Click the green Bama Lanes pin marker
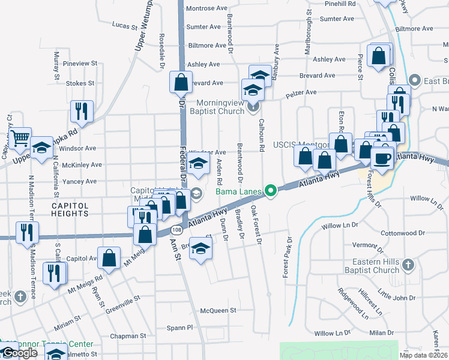tap(271, 192)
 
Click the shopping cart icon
tap(20, 138)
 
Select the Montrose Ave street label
tap(207, 8)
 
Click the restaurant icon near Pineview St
tap(81, 111)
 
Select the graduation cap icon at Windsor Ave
tap(197, 163)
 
